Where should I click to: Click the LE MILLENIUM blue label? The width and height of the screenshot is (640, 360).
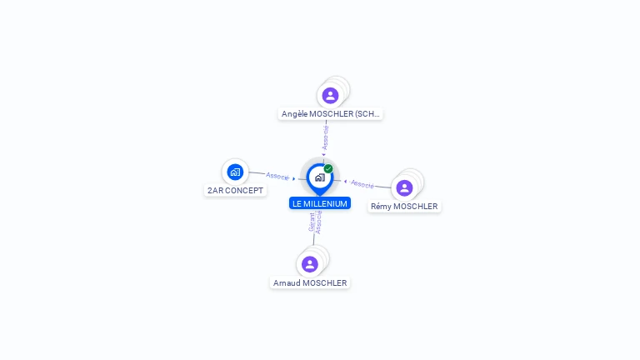click(320, 203)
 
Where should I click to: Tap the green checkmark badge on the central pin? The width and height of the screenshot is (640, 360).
click(328, 168)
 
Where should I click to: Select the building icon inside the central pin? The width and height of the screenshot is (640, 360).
click(320, 177)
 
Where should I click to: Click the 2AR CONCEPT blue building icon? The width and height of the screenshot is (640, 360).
click(235, 172)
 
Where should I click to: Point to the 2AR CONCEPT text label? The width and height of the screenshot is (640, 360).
click(235, 191)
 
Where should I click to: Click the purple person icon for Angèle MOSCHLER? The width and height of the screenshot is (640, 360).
click(330, 96)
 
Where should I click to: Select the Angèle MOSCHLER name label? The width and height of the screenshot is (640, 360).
click(330, 114)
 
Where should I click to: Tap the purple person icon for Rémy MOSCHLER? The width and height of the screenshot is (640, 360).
click(404, 188)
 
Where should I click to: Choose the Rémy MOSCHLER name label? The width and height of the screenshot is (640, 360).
click(404, 207)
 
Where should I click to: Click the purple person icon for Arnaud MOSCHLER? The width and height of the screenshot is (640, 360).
click(310, 264)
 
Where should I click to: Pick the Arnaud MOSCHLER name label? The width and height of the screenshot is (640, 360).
click(310, 282)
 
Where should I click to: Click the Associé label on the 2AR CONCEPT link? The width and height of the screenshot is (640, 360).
click(277, 176)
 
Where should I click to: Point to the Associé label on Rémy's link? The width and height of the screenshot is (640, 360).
click(362, 184)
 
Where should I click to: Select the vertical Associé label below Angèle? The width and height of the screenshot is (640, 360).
click(325, 137)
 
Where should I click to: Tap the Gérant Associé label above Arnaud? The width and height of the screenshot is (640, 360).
click(315, 222)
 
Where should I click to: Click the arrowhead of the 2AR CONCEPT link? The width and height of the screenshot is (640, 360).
click(294, 179)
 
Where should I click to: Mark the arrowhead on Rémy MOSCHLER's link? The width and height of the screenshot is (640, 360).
click(345, 182)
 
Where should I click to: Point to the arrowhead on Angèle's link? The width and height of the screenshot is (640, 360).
click(323, 155)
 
